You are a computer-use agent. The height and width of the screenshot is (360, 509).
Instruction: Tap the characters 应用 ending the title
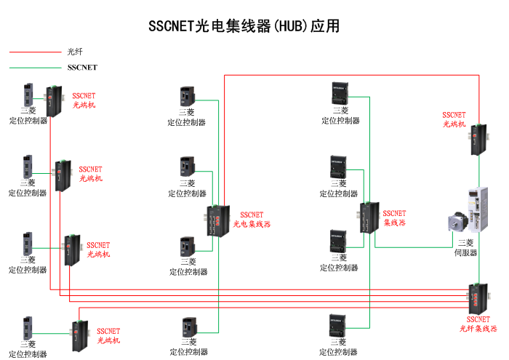[x=325, y=27]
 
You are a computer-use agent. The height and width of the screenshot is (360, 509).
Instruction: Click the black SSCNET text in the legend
[x=81, y=67]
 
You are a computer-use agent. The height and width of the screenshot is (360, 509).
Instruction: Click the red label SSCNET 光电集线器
[x=252, y=220]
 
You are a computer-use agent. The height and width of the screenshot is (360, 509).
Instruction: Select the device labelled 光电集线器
[x=216, y=220]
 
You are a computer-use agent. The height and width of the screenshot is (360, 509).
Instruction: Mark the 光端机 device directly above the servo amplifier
[x=477, y=139]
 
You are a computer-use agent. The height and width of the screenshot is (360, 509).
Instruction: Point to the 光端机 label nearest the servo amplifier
[x=454, y=119]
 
